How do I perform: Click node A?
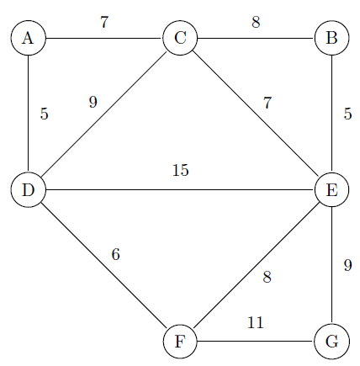[28, 38]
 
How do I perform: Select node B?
[332, 38]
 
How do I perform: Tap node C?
[180, 38]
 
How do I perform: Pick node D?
[28, 190]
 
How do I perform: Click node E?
[332, 190]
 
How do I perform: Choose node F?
[180, 342]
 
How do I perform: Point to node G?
[332, 342]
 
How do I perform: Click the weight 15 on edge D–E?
[181, 170]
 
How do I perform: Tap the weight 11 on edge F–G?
[256, 322]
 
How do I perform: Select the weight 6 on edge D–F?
[116, 254]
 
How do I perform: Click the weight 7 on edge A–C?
[104, 22]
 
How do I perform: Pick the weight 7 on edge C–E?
[267, 103]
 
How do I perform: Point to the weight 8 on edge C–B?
[256, 22]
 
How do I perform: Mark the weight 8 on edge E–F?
[267, 277]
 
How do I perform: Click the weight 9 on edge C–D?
[93, 102]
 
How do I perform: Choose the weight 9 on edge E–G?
[347, 265]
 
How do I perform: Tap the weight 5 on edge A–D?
[45, 114]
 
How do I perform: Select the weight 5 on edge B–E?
[347, 114]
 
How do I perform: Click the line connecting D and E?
[180, 190]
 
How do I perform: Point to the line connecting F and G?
[256, 342]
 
